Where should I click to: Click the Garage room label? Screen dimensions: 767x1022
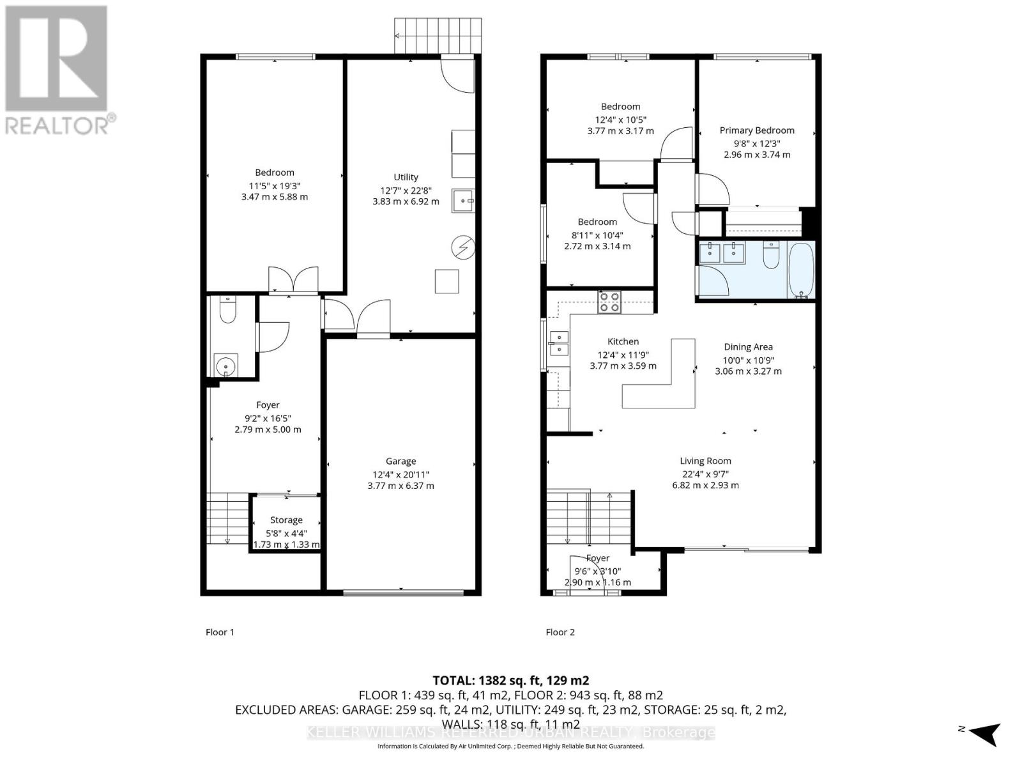pyautogui.click(x=400, y=461)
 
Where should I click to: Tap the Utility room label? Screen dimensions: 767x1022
pyautogui.click(x=406, y=177)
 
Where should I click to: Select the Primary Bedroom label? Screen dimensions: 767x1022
pyautogui.click(x=757, y=130)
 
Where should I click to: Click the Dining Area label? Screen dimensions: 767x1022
pyautogui.click(x=748, y=347)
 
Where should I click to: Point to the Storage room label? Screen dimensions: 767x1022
pyautogui.click(x=286, y=520)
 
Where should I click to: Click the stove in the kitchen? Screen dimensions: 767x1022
pyautogui.click(x=609, y=302)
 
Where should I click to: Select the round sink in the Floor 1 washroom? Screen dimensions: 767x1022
pyautogui.click(x=226, y=366)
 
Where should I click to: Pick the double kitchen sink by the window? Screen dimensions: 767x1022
pyautogui.click(x=558, y=343)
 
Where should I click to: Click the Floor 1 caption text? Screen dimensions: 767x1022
pyautogui.click(x=220, y=632)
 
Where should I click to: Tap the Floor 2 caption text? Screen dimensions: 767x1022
pyautogui.click(x=560, y=632)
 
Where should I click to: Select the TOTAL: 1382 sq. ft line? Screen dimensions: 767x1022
pyautogui.click(x=510, y=681)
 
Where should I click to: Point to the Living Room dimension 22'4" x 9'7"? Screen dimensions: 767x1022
pyautogui.click(x=705, y=474)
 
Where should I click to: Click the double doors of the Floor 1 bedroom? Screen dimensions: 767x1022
pyautogui.click(x=293, y=280)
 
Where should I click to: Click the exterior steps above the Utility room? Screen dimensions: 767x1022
pyautogui.click(x=438, y=36)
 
